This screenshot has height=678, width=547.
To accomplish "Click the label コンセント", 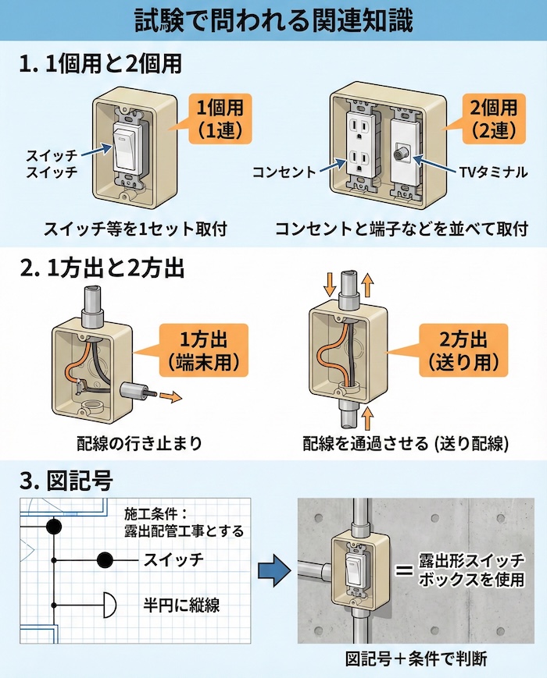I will tap(284, 171).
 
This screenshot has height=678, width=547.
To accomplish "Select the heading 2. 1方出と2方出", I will tap(101, 268).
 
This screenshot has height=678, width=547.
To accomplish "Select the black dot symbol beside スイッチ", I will tap(105, 559).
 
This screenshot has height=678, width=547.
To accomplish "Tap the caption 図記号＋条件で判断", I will tap(417, 658).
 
